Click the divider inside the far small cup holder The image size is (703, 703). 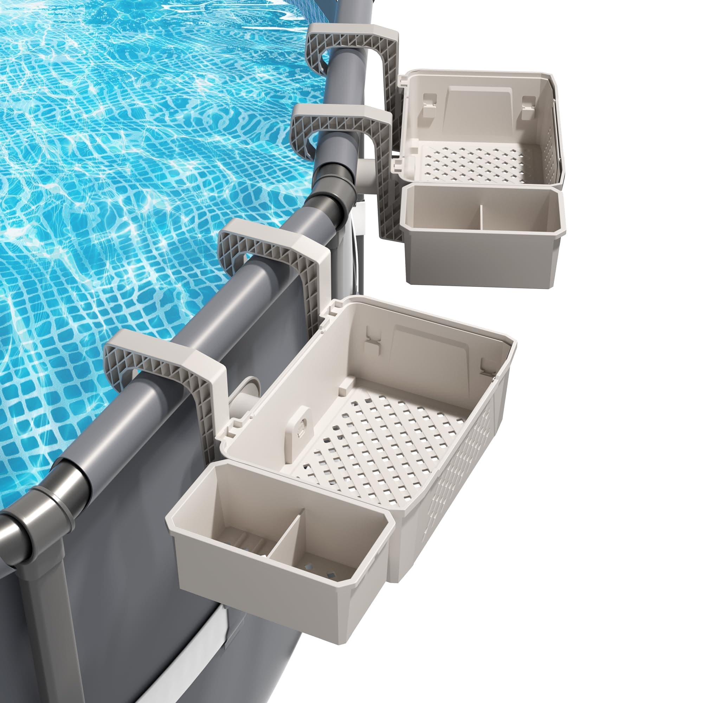pos(481,218)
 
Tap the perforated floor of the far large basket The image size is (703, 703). pos(473,164)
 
